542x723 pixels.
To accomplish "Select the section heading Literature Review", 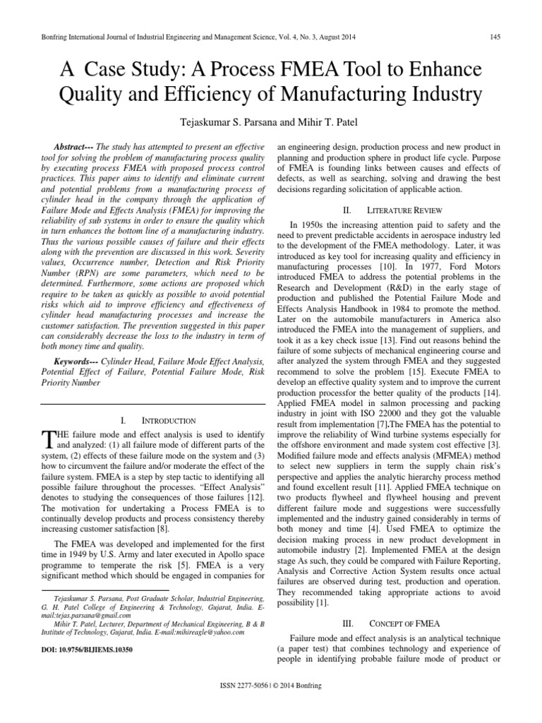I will pyautogui.click(x=399, y=210).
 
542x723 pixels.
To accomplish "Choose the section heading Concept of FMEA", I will pyautogui.click(x=399, y=624).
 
